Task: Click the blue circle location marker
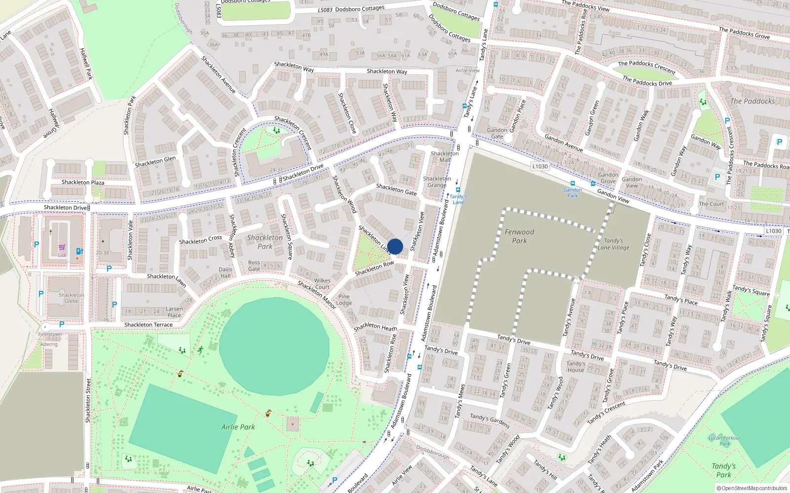tap(395, 246)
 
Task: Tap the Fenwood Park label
tap(519, 236)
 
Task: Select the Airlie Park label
tap(238, 427)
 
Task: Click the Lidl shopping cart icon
tap(62, 247)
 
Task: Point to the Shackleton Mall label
tap(444, 156)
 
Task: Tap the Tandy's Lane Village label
tap(613, 245)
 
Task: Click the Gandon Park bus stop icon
tap(573, 183)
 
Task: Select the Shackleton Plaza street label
tap(83, 182)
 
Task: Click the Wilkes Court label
tap(322, 283)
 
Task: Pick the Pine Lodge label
tap(344, 300)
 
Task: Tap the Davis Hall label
tap(226, 273)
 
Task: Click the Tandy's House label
tap(576, 366)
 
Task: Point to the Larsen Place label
tap(174, 312)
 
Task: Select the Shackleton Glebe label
tap(72, 298)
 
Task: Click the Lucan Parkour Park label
tap(724, 440)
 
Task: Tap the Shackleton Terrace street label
tap(149, 325)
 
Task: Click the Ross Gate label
tap(254, 266)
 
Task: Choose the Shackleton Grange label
tap(436, 182)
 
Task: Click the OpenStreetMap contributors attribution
tap(752, 488)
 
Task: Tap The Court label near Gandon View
tap(711, 204)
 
